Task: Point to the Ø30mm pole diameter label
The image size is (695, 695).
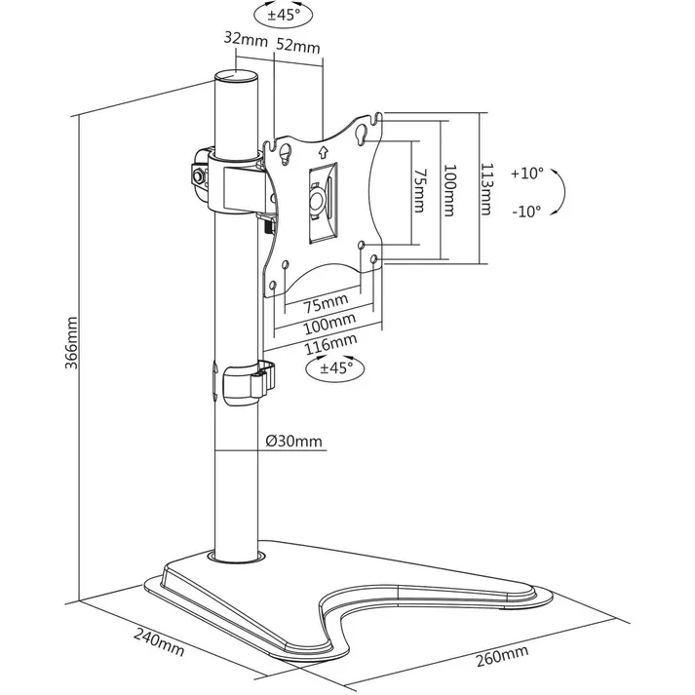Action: [293, 441]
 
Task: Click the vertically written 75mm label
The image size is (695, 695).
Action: [419, 192]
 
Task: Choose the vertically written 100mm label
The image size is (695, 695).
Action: [448, 190]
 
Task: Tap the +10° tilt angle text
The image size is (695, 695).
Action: [526, 174]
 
